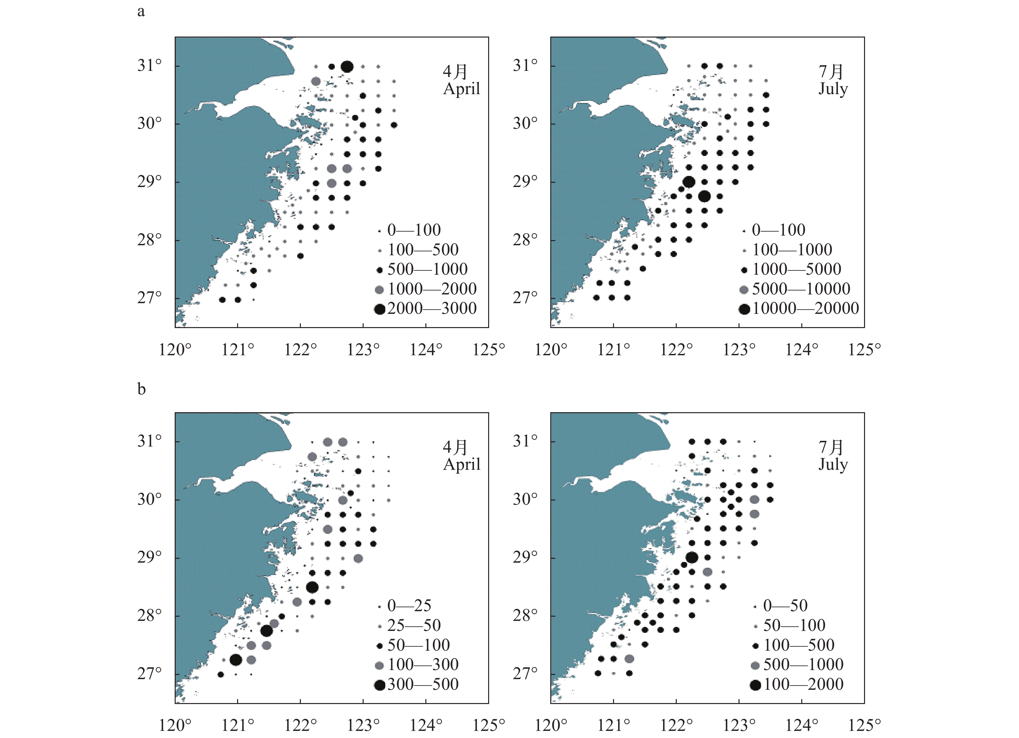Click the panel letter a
141,12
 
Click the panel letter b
142,389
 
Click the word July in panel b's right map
833,464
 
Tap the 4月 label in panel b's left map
455,447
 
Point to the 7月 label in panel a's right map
831,72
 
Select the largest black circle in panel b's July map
692,558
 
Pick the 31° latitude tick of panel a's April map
149,66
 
